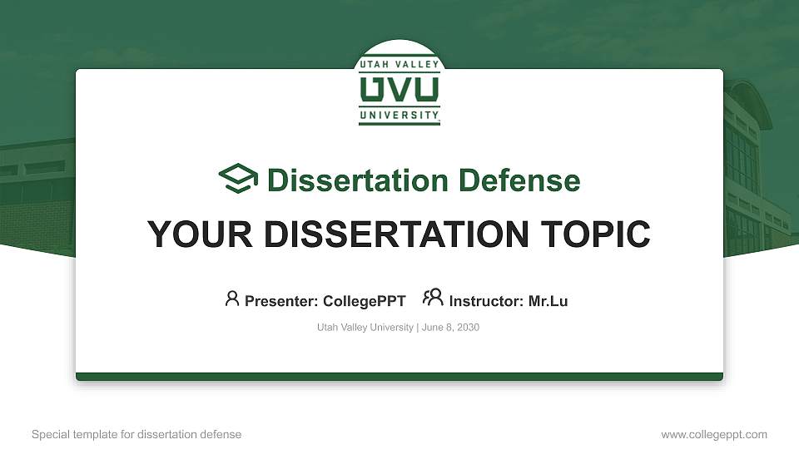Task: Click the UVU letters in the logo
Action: pos(399,90)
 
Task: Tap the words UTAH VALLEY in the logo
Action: pos(399,64)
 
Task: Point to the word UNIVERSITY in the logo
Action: pos(399,115)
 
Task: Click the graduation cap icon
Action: pos(238,178)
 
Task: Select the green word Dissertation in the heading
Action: pos(358,180)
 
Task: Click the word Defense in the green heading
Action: pos(519,180)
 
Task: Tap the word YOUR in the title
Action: pos(200,234)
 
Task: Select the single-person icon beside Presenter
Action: pos(232,299)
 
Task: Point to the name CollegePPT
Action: pos(365,301)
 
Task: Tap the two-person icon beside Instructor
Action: pos(433,298)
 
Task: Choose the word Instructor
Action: pos(486,301)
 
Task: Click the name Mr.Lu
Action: pos(548,301)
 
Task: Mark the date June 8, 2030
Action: pos(450,328)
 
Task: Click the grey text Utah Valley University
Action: pos(365,328)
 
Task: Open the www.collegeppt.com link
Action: pos(714,435)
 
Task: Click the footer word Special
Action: pos(51,435)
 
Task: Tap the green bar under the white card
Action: pos(399,377)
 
